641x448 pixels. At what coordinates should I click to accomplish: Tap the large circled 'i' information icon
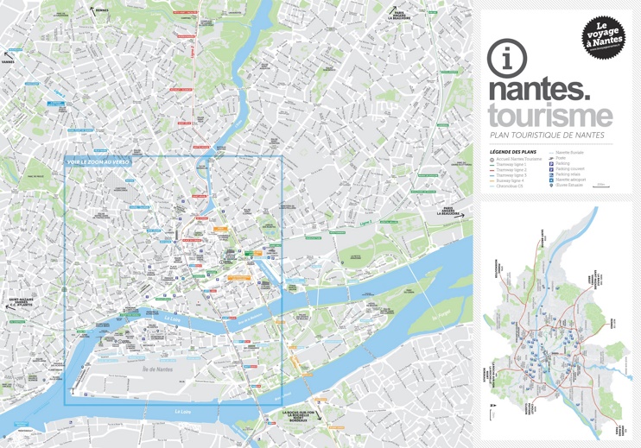506,59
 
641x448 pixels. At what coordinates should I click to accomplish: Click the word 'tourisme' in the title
549,115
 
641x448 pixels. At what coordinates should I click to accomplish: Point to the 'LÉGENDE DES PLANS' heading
512,152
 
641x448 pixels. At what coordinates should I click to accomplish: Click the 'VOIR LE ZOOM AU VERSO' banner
98,161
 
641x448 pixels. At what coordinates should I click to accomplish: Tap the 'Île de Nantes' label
158,369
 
